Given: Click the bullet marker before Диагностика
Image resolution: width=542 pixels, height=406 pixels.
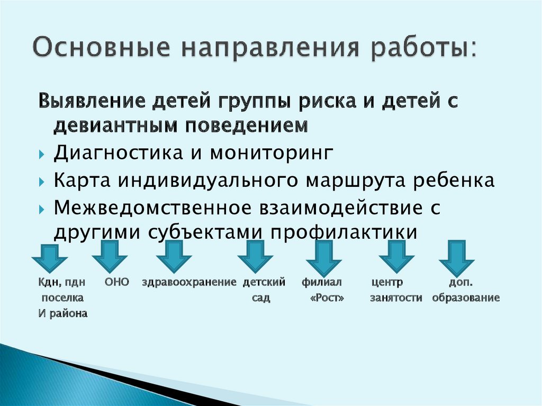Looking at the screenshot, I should click(42, 154).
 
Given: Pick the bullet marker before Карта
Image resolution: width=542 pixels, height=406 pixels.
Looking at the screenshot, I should click(42, 181).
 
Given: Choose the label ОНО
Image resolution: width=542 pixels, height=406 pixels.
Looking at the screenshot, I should click(116, 283).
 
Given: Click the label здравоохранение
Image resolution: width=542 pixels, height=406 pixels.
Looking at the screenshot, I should click(188, 283).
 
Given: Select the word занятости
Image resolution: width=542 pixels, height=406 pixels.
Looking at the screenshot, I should click(396, 298).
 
